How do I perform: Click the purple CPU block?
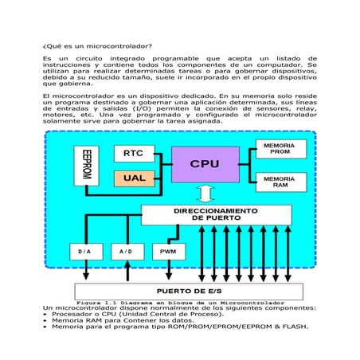coord(204,164)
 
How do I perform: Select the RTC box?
coord(134,153)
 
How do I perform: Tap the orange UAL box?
coord(134,178)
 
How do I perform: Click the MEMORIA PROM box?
coord(280,151)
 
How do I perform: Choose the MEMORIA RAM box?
coord(280,182)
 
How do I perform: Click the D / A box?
coord(85,252)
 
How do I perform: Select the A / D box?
coord(127,252)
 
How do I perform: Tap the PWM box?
coord(168,252)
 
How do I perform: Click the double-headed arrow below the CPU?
coord(204,194)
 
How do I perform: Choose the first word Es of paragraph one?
coord(47,59)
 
